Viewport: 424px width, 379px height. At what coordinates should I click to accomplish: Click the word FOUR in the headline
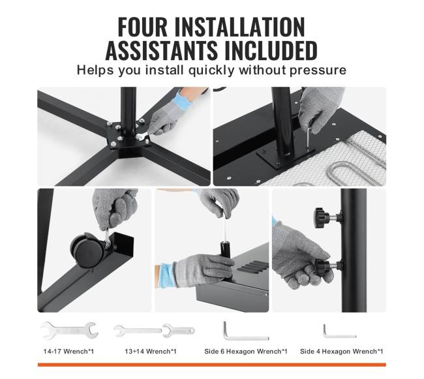[x=143, y=27]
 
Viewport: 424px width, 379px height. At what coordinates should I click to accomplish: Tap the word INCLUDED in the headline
[x=267, y=50]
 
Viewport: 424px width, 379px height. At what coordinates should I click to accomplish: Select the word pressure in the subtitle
[x=318, y=70]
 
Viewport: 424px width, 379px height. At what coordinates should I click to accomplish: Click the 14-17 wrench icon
[x=70, y=330]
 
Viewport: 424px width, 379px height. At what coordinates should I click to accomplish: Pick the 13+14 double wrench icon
[x=154, y=331]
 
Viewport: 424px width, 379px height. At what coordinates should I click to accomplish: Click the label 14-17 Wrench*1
[x=68, y=352]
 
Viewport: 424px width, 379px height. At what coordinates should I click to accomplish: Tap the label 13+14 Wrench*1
[x=151, y=352]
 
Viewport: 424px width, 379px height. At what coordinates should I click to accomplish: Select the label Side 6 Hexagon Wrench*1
[x=245, y=352]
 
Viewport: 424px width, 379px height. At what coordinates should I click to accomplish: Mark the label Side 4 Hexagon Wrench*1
[x=341, y=352]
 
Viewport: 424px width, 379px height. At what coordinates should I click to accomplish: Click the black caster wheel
[x=87, y=250]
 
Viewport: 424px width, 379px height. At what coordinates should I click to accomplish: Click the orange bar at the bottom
[x=212, y=365]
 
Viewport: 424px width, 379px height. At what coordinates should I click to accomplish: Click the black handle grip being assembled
[x=225, y=249]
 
